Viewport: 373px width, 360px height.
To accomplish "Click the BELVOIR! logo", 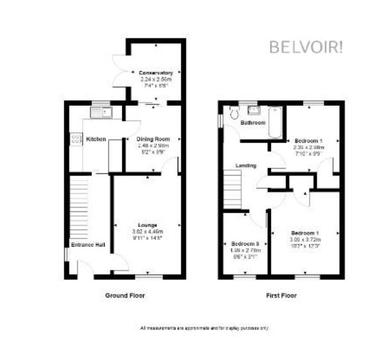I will pos(306,48).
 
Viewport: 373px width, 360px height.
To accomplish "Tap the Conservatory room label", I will pos(156,73).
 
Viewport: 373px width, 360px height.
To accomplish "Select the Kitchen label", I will pos(96,139).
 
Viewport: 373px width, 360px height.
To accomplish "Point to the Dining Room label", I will pos(154,139).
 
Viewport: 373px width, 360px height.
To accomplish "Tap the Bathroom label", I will pos(254,123).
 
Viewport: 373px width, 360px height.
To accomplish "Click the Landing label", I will pos(245,166).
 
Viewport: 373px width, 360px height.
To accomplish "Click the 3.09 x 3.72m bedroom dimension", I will pos(305,240).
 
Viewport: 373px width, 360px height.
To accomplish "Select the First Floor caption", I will pos(281,295).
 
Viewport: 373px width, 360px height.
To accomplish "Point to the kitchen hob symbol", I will pos(76,138).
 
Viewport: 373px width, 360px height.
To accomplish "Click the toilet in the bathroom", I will pos(233,113).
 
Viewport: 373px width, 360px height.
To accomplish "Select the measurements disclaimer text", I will pos(204,328).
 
